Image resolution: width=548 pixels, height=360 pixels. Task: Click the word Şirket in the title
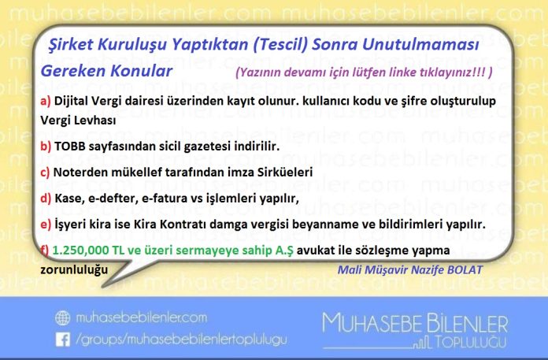point(71,45)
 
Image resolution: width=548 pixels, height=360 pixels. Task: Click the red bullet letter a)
point(46,101)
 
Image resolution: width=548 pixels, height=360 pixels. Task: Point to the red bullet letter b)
point(46,146)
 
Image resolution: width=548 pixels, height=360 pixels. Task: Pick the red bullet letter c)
point(45,173)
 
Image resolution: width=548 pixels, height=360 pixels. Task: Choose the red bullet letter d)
point(46,199)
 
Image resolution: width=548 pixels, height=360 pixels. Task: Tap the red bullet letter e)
point(46,225)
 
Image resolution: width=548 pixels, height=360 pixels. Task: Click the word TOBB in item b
point(70,146)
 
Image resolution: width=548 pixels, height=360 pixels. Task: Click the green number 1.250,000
point(81,251)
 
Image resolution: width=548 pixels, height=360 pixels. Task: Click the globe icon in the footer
point(62,318)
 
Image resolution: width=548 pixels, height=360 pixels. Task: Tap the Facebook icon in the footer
point(63,340)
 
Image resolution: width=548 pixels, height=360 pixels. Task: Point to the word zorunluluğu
point(74,270)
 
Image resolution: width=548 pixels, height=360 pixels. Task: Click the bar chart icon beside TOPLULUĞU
point(422,343)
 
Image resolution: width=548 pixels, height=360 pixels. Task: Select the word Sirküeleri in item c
point(285,172)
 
